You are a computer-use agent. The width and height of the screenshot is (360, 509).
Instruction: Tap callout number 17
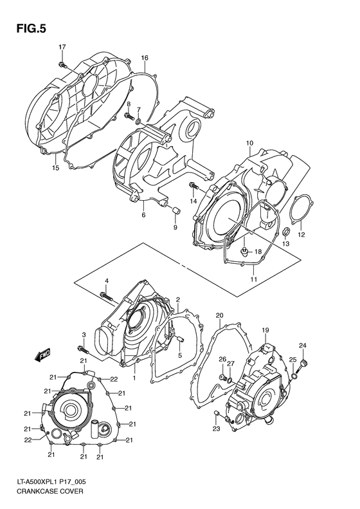(62, 47)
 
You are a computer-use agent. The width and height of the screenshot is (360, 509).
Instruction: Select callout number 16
(145, 58)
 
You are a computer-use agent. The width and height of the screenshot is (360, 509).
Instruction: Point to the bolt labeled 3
(82, 350)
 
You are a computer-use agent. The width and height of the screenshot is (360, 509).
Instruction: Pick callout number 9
(174, 227)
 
